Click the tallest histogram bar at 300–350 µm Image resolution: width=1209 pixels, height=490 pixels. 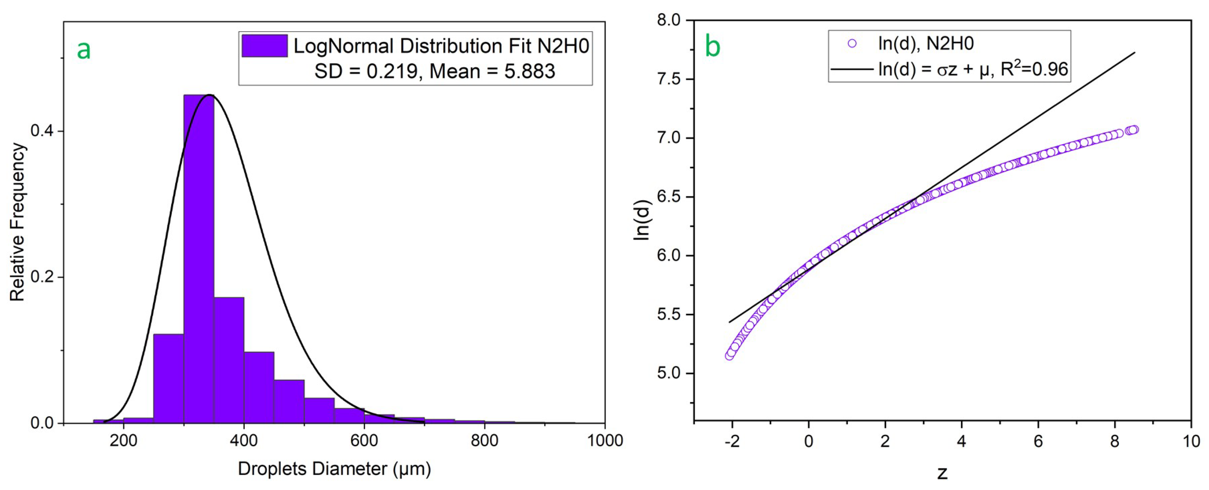[x=198, y=258]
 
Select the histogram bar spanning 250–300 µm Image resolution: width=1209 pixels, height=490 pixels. [x=169, y=378]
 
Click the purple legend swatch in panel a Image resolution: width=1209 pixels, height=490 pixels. [x=264, y=46]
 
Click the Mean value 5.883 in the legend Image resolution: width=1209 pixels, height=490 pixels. [x=529, y=71]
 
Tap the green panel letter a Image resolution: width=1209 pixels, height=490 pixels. [x=84, y=49]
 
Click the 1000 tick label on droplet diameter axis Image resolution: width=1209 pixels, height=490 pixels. [x=604, y=441]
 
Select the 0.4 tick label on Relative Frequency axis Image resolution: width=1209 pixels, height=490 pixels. [x=41, y=131]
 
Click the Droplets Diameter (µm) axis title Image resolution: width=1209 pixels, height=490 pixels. [x=334, y=468]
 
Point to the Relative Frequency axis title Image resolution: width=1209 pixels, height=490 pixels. [x=17, y=222]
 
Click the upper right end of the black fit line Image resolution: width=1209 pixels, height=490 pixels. [x=1134, y=53]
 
